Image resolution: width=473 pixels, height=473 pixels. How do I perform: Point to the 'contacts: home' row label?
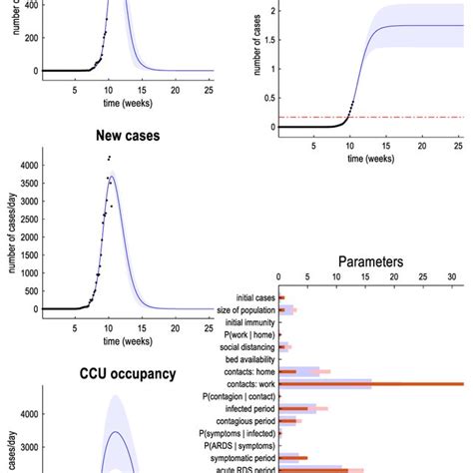240,371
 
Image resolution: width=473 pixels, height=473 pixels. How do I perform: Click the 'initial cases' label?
244,297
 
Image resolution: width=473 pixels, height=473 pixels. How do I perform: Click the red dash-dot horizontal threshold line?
399,117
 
